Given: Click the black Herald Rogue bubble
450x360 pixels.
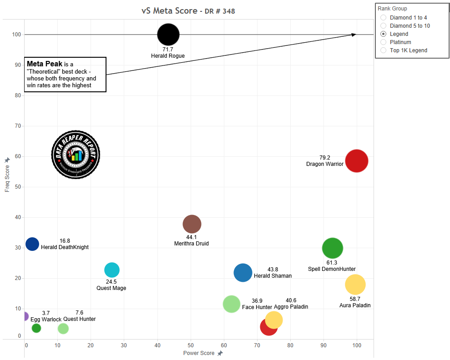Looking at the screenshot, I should (168, 35).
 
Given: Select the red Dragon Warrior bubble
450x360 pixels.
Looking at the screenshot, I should (356, 161).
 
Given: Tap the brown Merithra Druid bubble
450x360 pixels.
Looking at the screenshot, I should (192, 224).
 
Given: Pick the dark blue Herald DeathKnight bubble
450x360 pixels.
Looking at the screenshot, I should (32, 244).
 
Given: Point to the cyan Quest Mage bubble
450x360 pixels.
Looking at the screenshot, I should (112, 270).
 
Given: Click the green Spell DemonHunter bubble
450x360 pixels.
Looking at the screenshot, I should (332, 248).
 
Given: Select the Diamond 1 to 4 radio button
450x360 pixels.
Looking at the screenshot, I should (383, 18).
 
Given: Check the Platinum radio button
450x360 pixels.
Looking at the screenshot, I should (383, 42).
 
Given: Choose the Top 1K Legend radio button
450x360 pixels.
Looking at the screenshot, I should (383, 50).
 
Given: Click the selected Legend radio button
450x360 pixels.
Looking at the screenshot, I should (383, 34).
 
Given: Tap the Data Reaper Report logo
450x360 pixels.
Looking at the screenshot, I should (76, 155).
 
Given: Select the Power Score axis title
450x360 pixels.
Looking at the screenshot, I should (199, 353).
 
